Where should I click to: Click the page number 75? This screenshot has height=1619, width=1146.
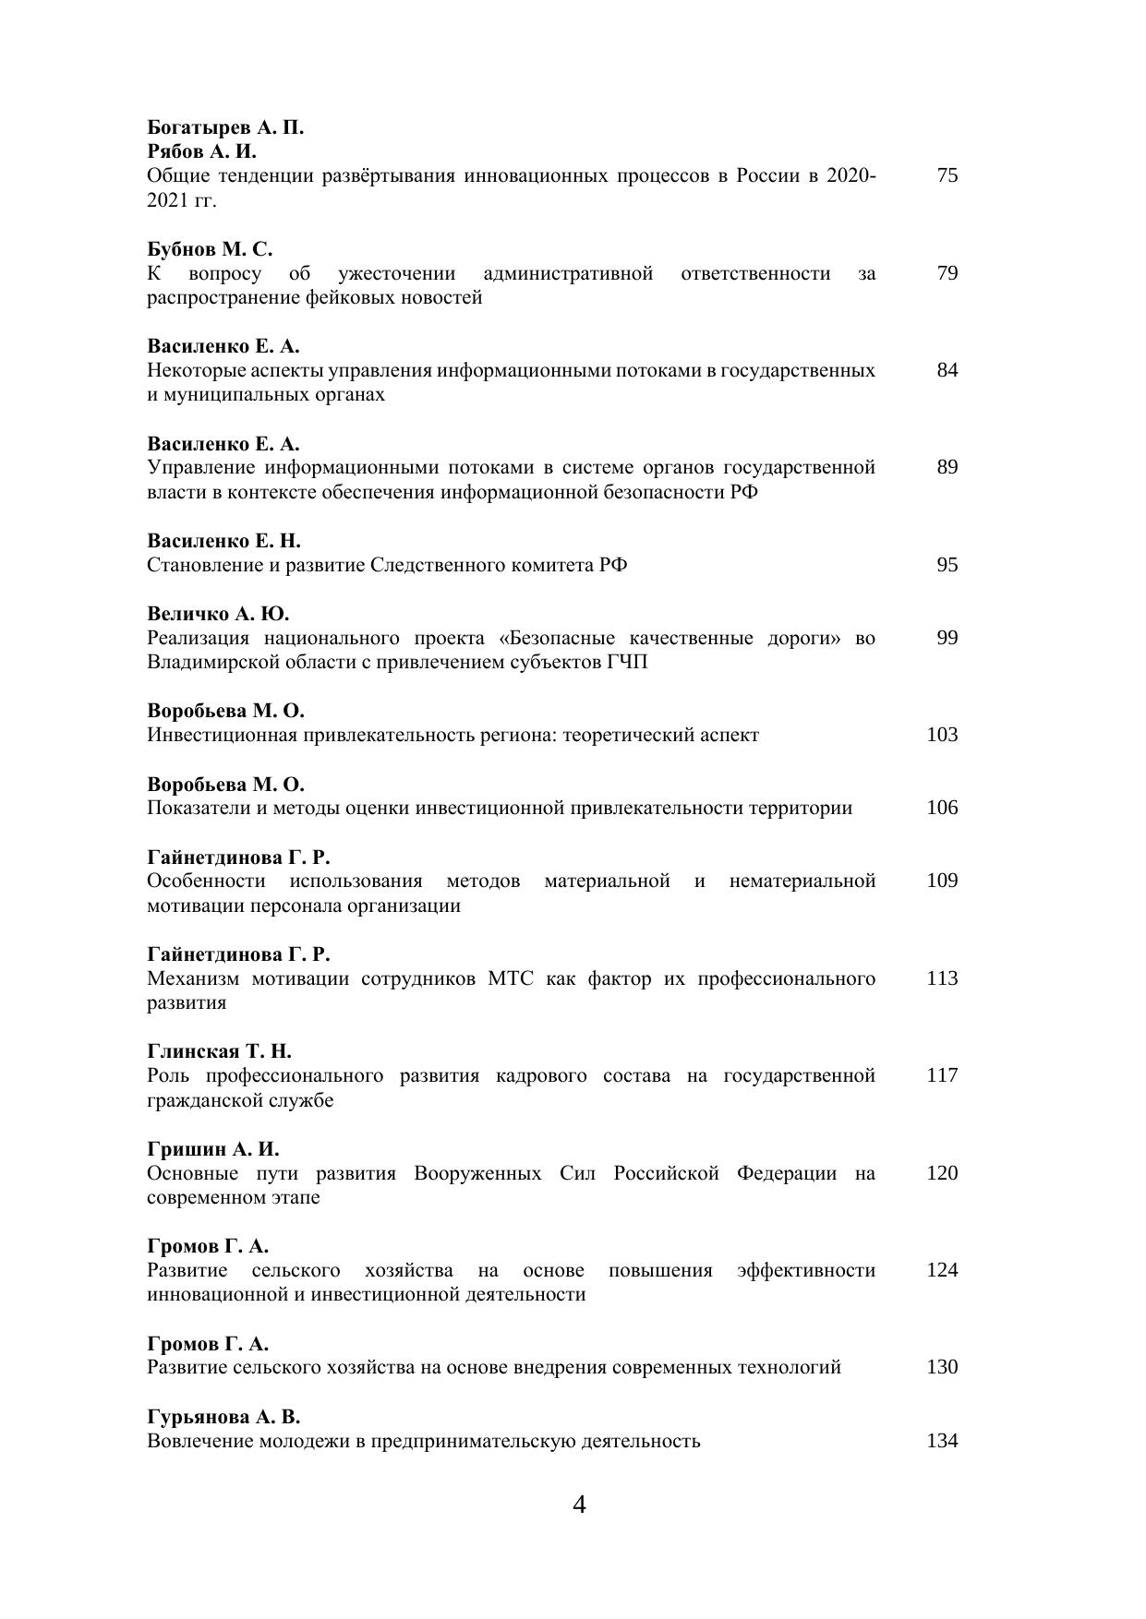click(947, 175)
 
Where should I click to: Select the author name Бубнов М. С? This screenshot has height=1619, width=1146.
click(210, 249)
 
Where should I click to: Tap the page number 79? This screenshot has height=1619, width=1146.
click(947, 273)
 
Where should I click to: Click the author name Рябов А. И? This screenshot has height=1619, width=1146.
click(201, 151)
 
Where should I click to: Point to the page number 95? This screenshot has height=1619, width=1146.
click(947, 565)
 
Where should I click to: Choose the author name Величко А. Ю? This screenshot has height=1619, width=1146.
click(218, 614)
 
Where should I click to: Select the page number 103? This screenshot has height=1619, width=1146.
click(942, 735)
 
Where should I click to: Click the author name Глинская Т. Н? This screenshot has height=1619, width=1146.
click(219, 1051)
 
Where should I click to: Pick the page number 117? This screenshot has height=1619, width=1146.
click(942, 1075)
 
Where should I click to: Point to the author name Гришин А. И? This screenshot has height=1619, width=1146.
click(212, 1149)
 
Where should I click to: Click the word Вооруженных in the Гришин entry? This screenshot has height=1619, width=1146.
click(477, 1173)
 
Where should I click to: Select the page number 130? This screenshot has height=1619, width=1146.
click(942, 1367)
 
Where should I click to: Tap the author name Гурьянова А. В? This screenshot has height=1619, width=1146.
click(223, 1417)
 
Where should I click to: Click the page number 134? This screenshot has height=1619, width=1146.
click(942, 1441)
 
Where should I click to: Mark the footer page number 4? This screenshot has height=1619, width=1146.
click(579, 1505)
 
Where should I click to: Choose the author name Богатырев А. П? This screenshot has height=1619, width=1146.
click(225, 127)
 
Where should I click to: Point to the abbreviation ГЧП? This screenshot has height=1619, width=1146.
click(627, 662)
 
